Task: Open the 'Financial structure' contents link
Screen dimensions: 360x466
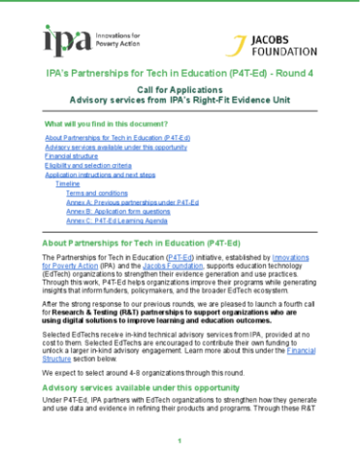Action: tap(71, 155)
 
